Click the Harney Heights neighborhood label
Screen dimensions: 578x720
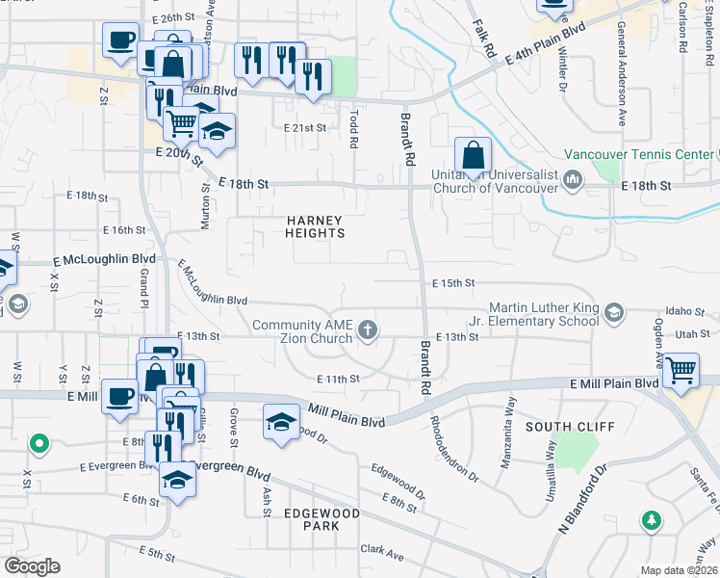(316, 226)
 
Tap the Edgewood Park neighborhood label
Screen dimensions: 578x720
(321, 520)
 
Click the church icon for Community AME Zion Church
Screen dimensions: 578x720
(367, 331)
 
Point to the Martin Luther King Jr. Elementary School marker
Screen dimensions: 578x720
(613, 313)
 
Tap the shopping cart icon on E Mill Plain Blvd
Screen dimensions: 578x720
(681, 369)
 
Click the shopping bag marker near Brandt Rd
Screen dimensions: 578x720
(474, 155)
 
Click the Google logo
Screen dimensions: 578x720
(33, 565)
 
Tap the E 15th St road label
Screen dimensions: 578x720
(454, 282)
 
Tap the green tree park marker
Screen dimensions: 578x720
(652, 520)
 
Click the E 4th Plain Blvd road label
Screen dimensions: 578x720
(546, 44)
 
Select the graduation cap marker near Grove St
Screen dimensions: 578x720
(280, 424)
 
